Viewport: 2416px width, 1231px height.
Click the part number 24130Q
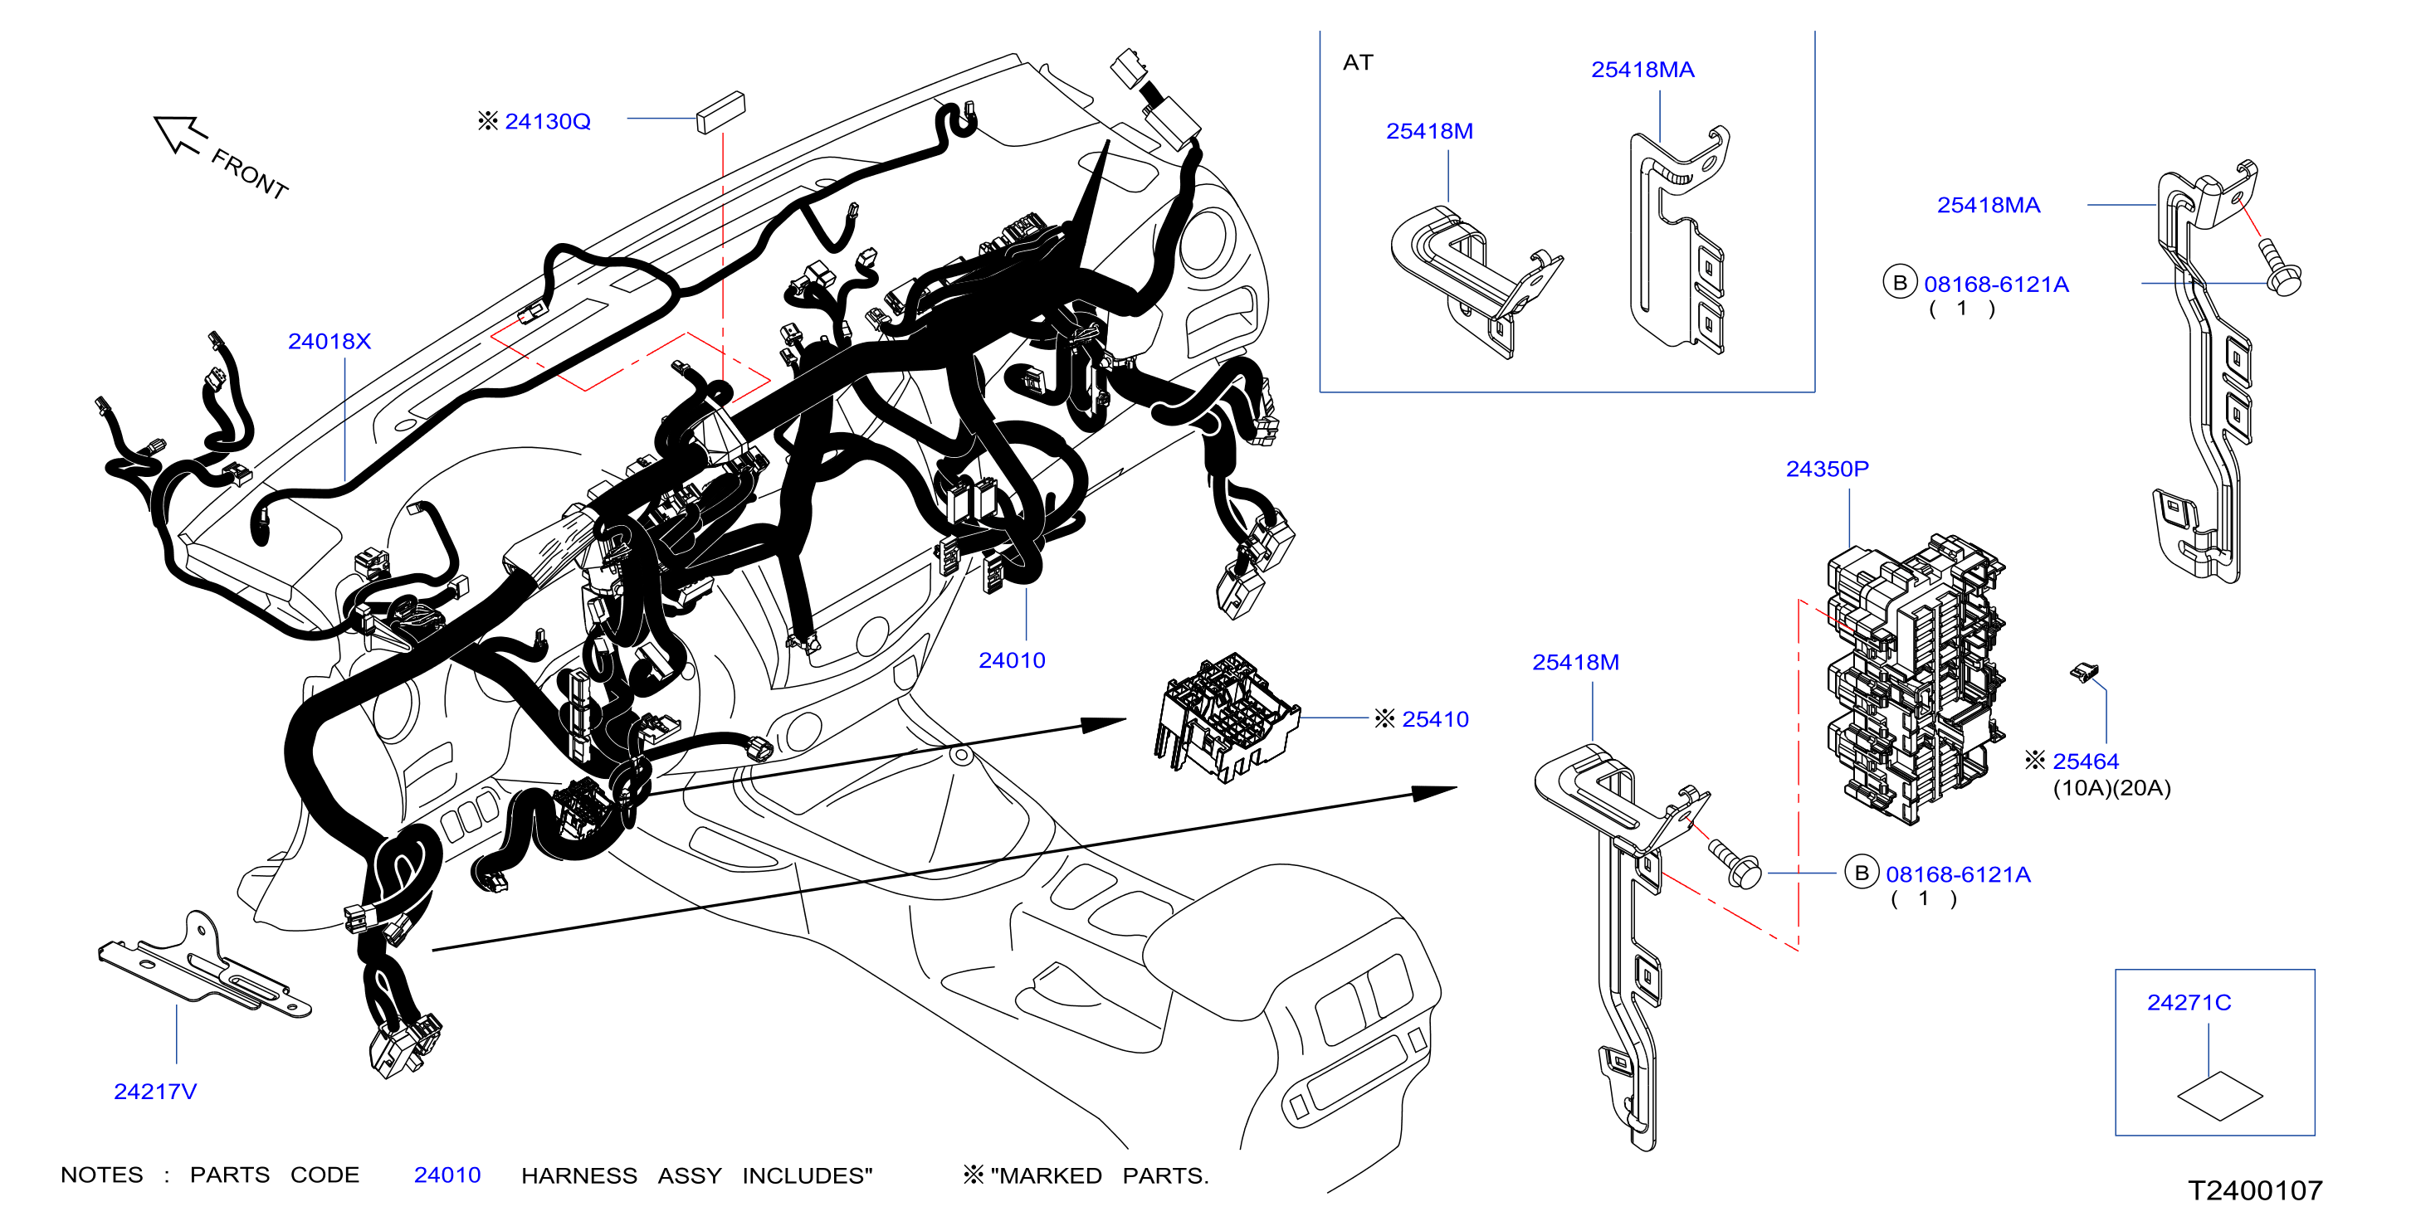coord(548,122)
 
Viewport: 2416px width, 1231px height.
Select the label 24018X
coord(329,341)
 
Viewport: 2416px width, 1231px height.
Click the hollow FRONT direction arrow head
coord(178,133)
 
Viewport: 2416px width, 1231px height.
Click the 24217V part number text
coord(156,1092)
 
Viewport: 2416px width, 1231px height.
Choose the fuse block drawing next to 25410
coord(1226,718)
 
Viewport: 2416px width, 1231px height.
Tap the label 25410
coord(1435,719)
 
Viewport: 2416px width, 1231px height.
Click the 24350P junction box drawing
coord(1913,679)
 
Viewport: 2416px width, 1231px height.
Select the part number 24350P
coord(1827,469)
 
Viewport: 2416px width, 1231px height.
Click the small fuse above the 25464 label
coord(2084,672)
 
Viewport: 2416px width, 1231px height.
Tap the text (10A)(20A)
coord(2112,787)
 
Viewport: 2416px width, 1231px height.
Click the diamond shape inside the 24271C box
coord(2219,1096)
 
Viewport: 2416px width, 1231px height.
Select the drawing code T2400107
coord(2256,1190)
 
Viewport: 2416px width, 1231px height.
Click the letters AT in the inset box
coord(1358,63)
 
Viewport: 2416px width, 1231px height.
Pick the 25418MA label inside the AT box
coord(1642,70)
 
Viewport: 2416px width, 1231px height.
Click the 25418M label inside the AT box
coord(1429,131)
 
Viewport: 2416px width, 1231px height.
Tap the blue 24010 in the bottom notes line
coord(447,1175)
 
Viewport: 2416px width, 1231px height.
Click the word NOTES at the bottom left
coord(102,1175)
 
